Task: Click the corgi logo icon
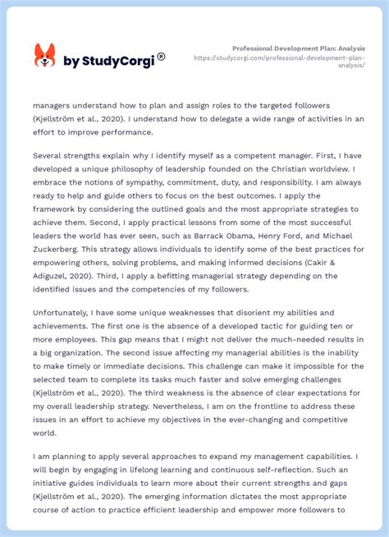(x=44, y=57)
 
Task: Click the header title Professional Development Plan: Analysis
(x=298, y=48)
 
